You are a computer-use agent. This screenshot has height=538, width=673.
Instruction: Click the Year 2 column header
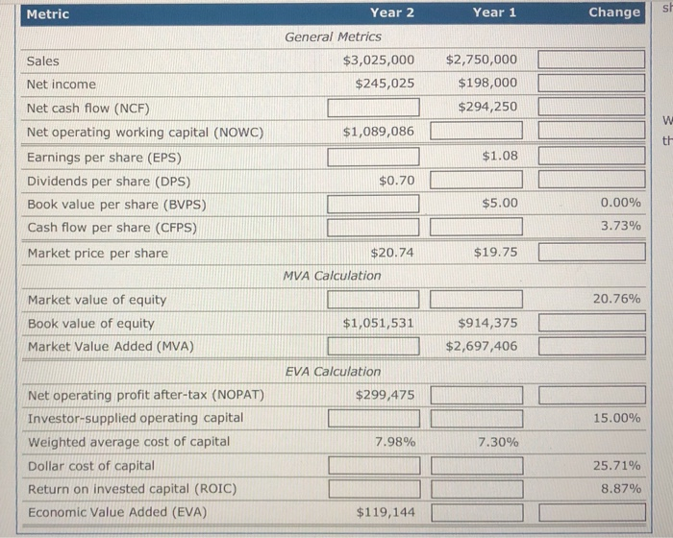[x=392, y=12]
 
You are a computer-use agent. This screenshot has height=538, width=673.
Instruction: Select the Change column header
[x=613, y=12]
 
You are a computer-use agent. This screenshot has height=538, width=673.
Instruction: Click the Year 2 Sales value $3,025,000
[x=379, y=61]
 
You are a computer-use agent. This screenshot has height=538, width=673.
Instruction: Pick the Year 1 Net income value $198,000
[x=487, y=84]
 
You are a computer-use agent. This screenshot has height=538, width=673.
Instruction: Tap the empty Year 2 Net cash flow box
[x=373, y=107]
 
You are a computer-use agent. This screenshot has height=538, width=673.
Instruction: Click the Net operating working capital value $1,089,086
[x=379, y=131]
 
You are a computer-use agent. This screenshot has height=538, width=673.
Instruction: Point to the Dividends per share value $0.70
[x=396, y=179]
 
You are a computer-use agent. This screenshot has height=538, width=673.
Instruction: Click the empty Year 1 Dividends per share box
[x=476, y=179]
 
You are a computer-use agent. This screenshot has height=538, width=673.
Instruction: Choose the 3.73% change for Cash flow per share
[x=620, y=227]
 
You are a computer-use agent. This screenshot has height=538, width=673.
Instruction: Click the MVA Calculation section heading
[x=332, y=275]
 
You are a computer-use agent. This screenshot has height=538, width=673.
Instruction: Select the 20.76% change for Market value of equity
[x=616, y=299]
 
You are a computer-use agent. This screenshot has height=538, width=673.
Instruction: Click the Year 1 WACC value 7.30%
[x=497, y=441]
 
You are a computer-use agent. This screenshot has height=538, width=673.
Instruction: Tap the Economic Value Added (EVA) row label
[x=117, y=512]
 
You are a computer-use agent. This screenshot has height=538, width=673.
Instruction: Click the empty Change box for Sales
[x=591, y=61]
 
